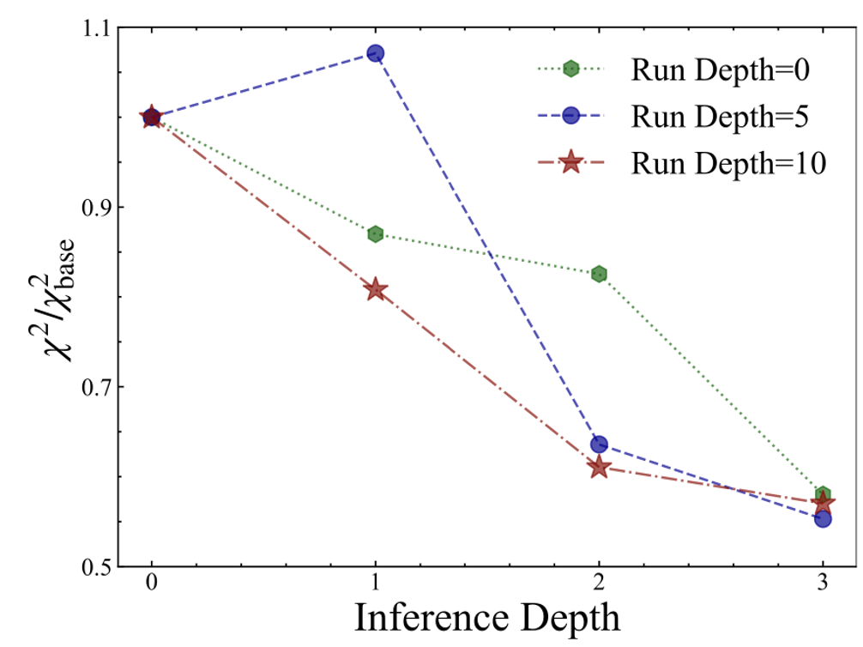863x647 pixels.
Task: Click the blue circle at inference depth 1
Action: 375,53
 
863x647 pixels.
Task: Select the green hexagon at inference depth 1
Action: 375,234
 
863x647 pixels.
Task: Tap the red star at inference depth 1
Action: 375,290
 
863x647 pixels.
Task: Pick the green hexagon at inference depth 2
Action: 599,274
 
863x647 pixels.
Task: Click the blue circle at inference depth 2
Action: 599,444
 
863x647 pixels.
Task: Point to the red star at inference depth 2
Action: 599,468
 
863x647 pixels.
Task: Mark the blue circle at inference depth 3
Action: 823,518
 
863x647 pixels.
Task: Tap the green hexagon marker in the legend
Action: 570,70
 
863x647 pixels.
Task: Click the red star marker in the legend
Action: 570,162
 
